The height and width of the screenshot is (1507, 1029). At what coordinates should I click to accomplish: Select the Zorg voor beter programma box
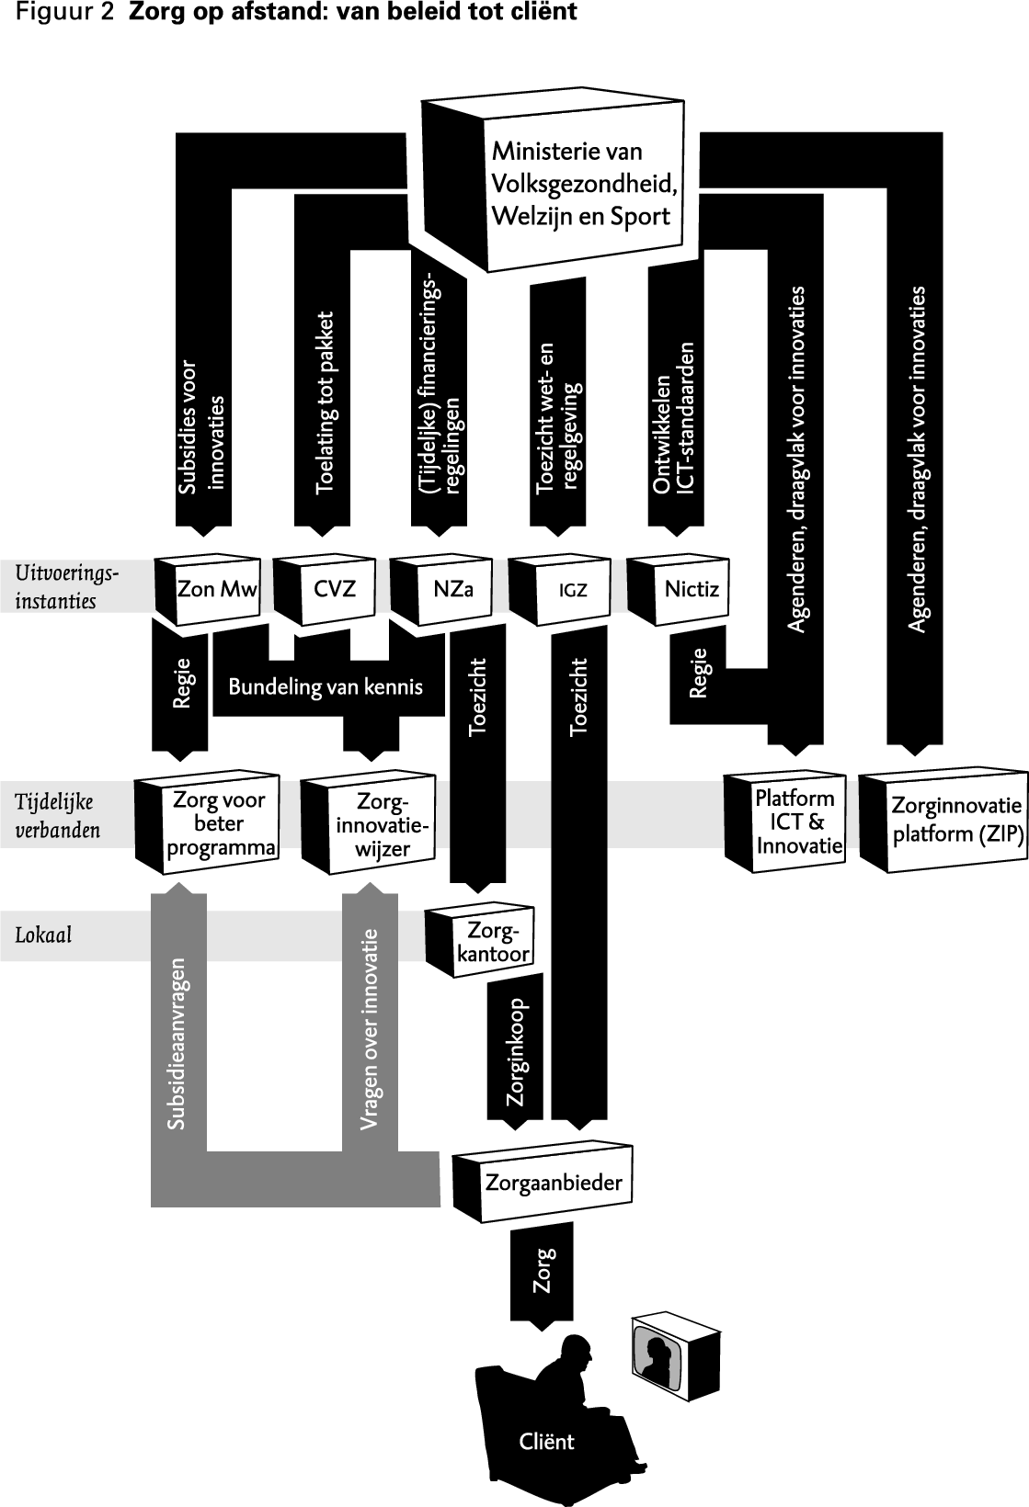point(219,823)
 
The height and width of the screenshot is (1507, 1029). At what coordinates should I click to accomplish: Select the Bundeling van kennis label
point(326,686)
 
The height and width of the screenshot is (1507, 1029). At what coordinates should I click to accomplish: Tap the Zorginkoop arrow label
point(517,1051)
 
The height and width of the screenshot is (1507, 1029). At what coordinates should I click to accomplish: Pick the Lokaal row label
point(43,935)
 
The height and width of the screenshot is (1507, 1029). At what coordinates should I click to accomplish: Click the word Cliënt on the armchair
point(546,1441)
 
